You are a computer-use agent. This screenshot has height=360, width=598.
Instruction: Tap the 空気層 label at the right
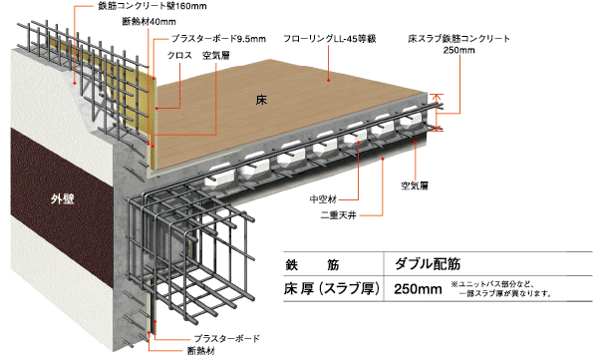click(415, 185)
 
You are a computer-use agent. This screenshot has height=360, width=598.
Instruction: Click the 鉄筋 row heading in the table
click(313, 265)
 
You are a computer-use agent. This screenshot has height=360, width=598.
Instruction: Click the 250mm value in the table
click(418, 292)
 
